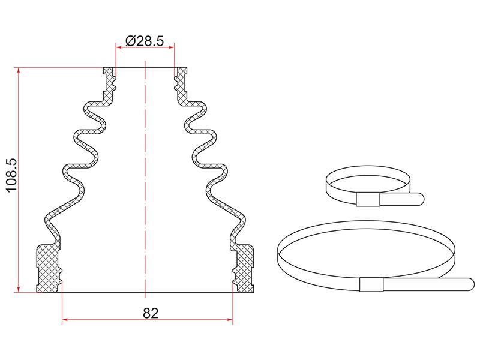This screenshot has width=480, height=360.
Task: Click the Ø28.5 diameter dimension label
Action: pos(145,41)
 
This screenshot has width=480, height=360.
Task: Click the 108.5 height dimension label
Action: pos(12,175)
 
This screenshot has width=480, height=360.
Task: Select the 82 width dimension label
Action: pos(151,313)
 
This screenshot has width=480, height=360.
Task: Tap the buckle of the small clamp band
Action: pos(368,200)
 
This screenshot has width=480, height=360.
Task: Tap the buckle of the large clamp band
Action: pos(371,284)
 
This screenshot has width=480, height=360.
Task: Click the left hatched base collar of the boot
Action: pos(49,268)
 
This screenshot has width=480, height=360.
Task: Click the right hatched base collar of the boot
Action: pos(244,268)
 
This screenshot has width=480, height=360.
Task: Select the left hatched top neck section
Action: pos(110,84)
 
